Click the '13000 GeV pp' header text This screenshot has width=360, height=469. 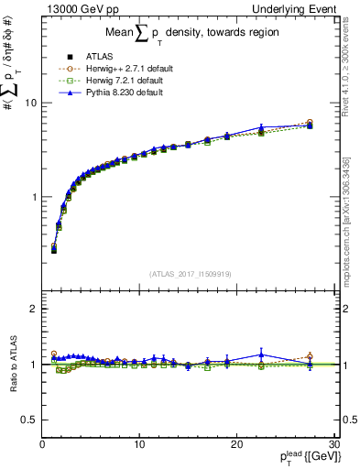click(80, 11)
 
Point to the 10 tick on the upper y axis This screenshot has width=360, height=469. click(30, 103)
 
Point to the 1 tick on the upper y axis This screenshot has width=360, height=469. click(33, 197)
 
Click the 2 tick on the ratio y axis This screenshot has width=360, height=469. click(33, 309)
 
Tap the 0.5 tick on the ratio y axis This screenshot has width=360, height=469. click(28, 420)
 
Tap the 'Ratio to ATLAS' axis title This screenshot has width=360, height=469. click(12, 365)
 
